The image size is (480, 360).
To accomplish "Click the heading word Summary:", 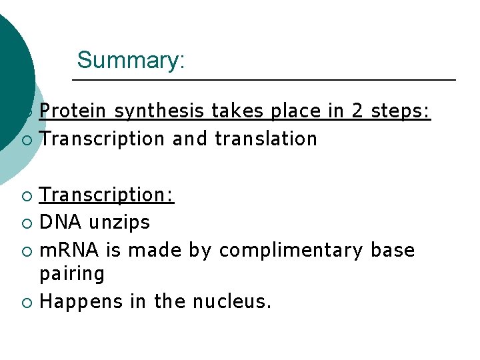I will tap(131, 60).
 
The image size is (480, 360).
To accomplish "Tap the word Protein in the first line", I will tap(72, 111).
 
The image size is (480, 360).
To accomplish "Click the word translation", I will tap(266, 139).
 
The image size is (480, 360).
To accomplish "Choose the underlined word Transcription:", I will tap(107, 195).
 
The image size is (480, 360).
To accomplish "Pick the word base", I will tap(393, 250).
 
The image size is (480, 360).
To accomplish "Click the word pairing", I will tap(72, 274).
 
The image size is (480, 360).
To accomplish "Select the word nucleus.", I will tap(231, 302).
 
